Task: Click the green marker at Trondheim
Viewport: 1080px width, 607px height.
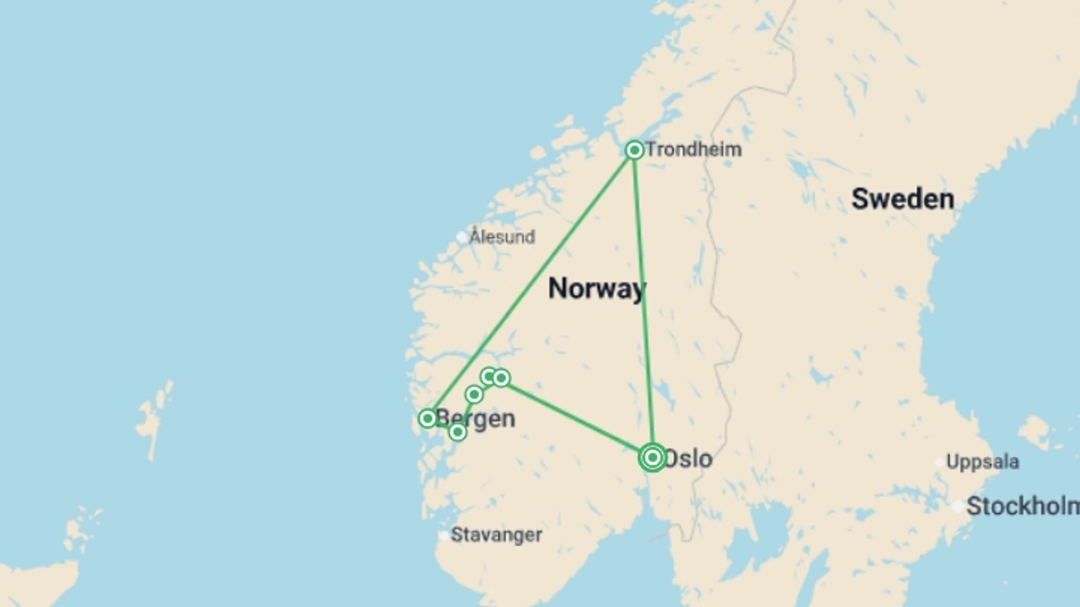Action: click(x=634, y=150)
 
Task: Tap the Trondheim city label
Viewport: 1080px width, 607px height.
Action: click(x=693, y=150)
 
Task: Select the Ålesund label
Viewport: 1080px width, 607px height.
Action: click(x=502, y=237)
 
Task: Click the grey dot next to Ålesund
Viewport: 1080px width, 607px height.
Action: click(x=462, y=237)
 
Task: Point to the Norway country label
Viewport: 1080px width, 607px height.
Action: click(x=596, y=288)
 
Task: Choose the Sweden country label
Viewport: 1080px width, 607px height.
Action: click(x=902, y=199)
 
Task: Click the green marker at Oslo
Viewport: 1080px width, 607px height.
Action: click(x=652, y=457)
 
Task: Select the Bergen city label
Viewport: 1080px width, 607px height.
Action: click(x=477, y=419)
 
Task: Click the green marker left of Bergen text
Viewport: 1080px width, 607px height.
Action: click(x=427, y=418)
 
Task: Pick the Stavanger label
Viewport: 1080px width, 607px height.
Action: click(x=496, y=534)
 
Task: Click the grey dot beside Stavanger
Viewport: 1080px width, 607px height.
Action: click(x=444, y=535)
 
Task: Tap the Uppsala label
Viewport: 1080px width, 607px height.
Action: click(x=982, y=462)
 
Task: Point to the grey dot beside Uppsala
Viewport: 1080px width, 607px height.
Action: click(x=939, y=463)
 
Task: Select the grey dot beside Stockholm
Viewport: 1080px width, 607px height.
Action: click(x=958, y=506)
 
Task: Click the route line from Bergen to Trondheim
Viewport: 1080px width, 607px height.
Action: click(x=532, y=284)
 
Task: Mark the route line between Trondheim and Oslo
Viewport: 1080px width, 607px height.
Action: click(x=643, y=303)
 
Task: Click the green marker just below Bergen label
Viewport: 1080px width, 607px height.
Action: click(x=458, y=432)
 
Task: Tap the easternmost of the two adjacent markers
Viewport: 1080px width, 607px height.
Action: click(x=501, y=378)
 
